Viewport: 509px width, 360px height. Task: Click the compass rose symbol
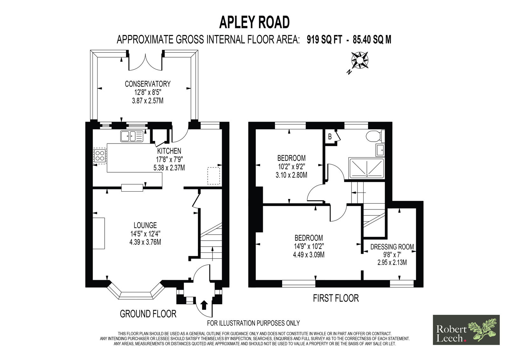(360, 60)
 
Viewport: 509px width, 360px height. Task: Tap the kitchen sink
(132, 137)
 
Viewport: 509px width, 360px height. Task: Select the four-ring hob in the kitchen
(100, 156)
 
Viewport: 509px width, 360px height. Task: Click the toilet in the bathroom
(375, 136)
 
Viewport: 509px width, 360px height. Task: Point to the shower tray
(367, 168)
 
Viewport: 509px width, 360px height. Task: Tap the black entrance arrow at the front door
(205, 305)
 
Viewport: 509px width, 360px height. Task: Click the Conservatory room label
(148, 84)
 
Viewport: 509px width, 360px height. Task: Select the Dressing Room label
(392, 247)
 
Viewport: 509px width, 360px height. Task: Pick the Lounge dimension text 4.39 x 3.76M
(145, 242)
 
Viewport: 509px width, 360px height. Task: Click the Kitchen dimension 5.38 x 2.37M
(169, 168)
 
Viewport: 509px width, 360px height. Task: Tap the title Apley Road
(254, 22)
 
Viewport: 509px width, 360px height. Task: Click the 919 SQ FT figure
(324, 40)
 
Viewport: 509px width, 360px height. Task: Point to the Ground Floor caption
(148, 314)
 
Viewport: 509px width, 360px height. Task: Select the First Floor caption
(336, 298)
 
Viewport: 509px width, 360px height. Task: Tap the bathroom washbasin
(380, 150)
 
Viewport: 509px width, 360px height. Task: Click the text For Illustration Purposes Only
(253, 323)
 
